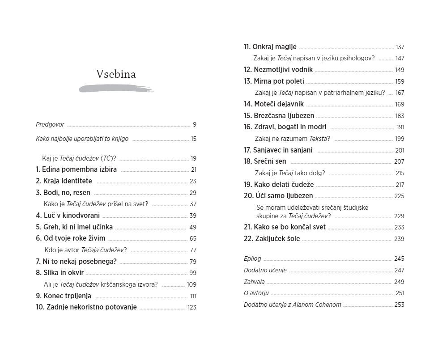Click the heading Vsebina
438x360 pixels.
(116, 74)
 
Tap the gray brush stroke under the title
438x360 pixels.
(116, 89)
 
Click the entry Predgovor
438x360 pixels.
(50, 125)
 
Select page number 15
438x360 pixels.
(193, 139)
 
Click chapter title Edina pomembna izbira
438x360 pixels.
(80, 169)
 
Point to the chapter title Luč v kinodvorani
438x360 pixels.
(71, 216)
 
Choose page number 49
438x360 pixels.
(193, 227)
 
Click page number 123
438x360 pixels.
(192, 308)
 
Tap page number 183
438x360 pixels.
(400, 116)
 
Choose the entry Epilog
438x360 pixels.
(252, 259)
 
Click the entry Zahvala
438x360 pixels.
(254, 282)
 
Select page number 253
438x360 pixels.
(399, 305)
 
